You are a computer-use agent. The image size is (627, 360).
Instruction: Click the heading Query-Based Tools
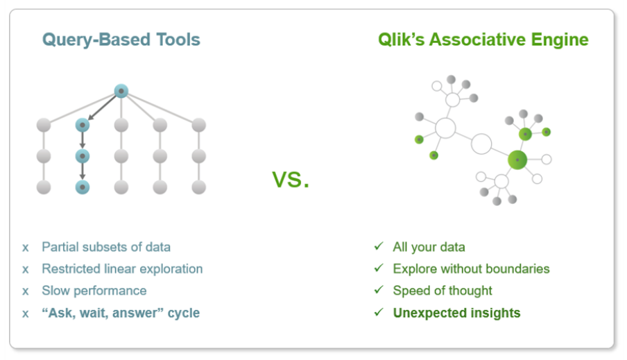point(121,40)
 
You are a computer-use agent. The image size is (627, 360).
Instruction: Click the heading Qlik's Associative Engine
point(483,40)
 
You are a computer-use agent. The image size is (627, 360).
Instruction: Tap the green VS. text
point(291,180)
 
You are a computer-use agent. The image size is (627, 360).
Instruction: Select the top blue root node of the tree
point(121,91)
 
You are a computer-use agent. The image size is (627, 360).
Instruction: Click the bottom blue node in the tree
point(83,187)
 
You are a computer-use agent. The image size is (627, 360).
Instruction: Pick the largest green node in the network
point(517,160)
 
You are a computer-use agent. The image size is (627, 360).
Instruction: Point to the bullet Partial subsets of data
point(105,247)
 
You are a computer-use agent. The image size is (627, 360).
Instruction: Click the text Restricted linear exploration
point(122,268)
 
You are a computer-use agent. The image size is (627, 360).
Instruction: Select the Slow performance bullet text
point(94,291)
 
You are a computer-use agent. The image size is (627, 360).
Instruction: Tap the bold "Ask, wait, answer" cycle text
point(120,313)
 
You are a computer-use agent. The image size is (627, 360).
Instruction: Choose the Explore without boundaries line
point(471,268)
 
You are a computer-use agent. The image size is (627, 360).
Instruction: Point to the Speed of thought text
point(443,291)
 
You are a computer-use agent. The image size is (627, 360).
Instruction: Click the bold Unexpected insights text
point(456,313)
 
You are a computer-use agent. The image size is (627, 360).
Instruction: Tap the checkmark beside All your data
point(378,247)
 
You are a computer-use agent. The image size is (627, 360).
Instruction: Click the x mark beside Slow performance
point(26,291)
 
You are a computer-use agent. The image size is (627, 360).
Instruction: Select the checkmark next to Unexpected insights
point(378,313)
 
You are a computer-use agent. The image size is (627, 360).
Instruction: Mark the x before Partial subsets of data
point(26,248)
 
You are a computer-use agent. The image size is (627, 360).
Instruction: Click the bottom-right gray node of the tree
point(199,187)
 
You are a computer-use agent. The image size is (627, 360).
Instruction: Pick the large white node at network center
point(481,144)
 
